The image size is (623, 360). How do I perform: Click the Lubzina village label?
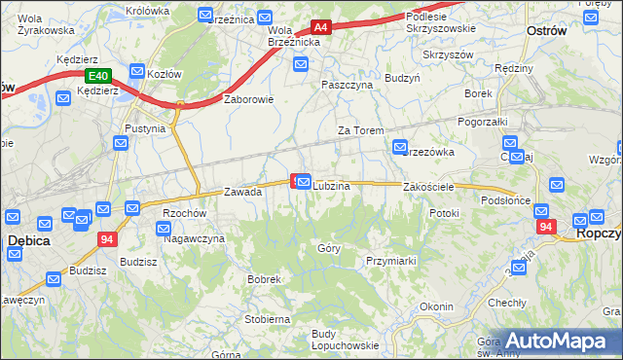pos(331,186)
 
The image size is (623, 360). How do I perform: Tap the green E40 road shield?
pos(97,76)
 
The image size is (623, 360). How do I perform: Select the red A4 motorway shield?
pos(321,28)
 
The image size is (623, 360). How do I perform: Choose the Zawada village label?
pos(243,192)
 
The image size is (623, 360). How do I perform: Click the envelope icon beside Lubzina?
pos(304,182)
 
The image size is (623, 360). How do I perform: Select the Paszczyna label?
pos(348,85)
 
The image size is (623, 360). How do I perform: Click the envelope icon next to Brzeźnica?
pos(205,15)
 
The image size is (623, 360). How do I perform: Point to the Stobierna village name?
pos(268,318)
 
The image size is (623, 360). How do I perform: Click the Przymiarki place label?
pos(390,261)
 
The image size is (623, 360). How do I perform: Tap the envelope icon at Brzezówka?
pos(399,147)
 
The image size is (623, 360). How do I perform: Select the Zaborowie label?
pos(249,98)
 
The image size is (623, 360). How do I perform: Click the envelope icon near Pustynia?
pos(121,143)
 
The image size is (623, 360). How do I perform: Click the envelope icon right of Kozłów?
pos(137,72)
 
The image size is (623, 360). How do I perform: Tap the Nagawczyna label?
pos(194,238)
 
